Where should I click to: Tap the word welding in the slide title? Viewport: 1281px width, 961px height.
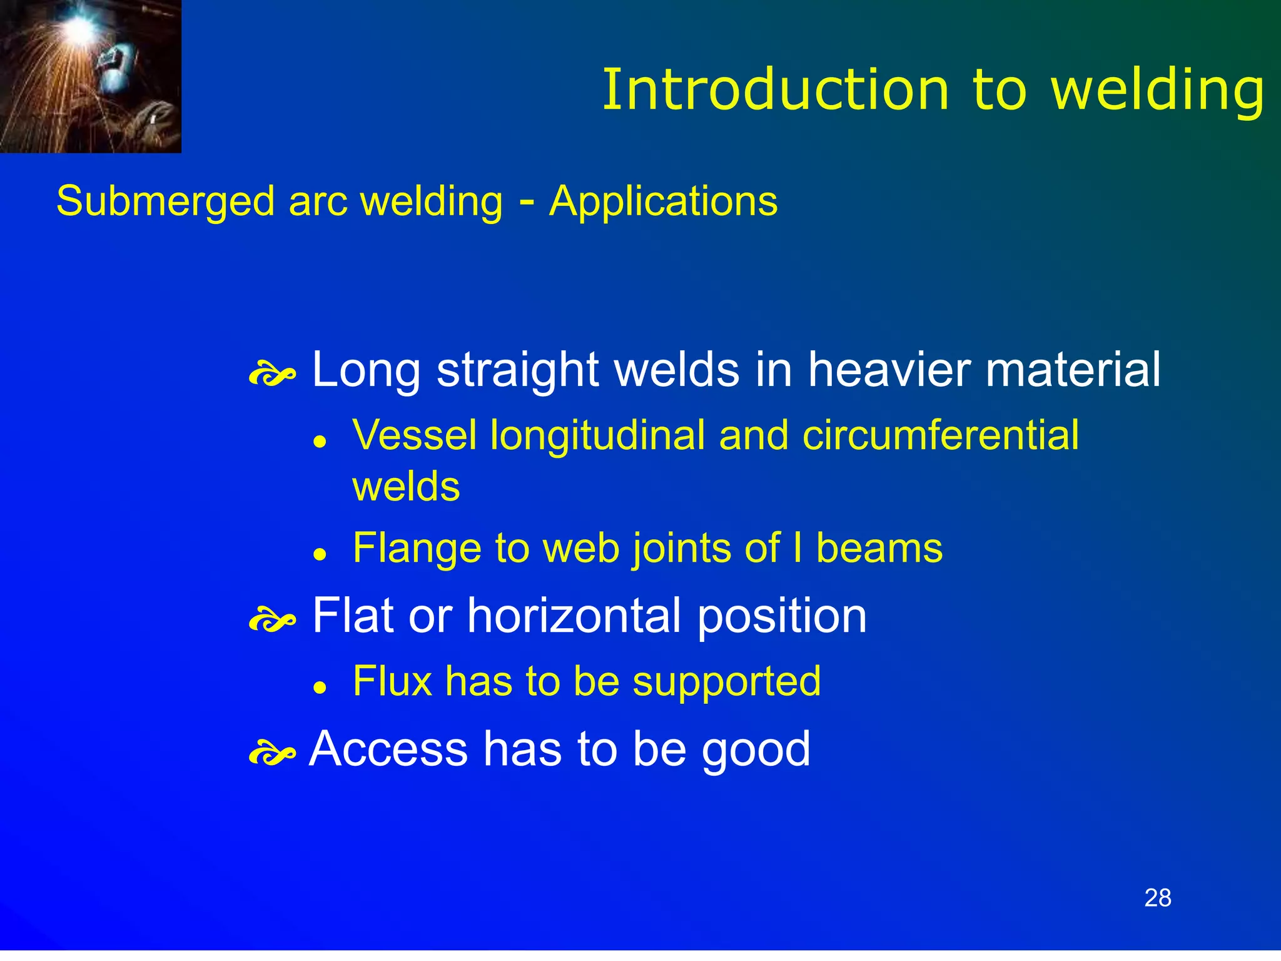click(1158, 91)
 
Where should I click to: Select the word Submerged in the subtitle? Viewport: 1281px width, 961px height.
click(165, 201)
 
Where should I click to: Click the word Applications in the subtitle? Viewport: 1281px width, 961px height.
click(663, 201)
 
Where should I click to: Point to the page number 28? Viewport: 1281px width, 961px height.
click(1158, 898)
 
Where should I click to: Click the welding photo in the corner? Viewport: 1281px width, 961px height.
click(90, 76)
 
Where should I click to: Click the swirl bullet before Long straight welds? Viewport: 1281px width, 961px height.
click(272, 375)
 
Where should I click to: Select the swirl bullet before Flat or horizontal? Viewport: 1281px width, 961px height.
click(272, 621)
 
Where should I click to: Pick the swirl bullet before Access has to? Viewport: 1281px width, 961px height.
click(272, 754)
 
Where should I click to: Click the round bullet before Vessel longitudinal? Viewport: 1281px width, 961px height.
click(321, 442)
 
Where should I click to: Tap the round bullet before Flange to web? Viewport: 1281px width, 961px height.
click(321, 554)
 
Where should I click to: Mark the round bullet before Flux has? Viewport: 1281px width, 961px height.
click(321, 688)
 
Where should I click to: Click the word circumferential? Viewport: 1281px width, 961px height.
click(940, 435)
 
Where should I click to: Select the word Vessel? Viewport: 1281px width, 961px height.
click(414, 435)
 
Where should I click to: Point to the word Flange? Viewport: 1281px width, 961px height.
click(417, 548)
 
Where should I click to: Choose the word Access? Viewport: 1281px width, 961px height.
click(388, 749)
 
